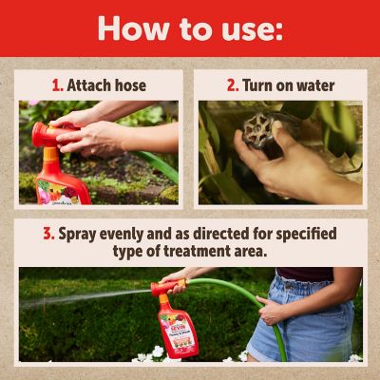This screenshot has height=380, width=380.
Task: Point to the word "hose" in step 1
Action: pos(130,85)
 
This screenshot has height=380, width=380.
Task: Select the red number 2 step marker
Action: pos(231,85)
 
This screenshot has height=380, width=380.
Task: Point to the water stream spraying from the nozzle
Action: pos(85,294)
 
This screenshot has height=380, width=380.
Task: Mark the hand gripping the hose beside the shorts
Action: pos(271,308)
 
